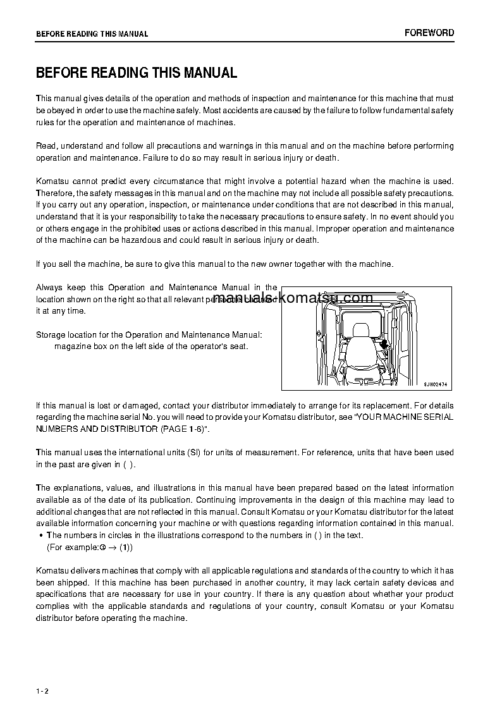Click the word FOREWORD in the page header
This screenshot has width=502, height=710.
coord(429,33)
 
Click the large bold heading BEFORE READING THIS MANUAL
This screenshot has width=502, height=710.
coord(137,73)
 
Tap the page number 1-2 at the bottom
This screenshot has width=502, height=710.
coord(42,690)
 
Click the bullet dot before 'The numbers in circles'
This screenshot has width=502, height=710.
coord(40,536)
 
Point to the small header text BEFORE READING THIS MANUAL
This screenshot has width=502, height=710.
coord(92,34)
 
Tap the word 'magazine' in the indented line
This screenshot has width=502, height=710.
coord(71,346)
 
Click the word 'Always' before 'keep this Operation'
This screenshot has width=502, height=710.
coord(49,288)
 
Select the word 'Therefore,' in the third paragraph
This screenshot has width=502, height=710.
coord(55,193)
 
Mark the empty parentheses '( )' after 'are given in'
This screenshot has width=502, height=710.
coord(128,464)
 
